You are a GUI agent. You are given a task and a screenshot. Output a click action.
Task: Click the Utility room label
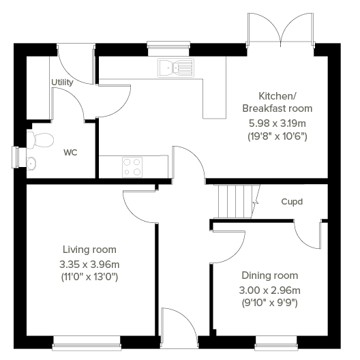pos(62,82)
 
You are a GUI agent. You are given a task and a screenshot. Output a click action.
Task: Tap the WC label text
pos(70,152)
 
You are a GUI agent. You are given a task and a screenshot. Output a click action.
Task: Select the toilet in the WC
pos(41,140)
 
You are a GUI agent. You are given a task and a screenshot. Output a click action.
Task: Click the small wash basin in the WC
pos(31,162)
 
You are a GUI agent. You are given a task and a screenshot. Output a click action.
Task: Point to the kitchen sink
pos(175,67)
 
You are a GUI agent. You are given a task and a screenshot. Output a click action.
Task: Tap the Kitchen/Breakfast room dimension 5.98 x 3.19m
pos(277,123)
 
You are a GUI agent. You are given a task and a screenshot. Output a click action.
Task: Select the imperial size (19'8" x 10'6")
pos(277,136)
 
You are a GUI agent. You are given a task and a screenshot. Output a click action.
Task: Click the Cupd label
pos(292,202)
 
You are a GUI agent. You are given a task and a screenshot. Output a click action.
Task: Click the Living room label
pos(89,250)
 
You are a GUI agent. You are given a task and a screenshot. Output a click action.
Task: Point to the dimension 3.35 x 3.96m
pos(89,264)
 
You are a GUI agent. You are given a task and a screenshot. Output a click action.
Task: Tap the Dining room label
pos(270,275)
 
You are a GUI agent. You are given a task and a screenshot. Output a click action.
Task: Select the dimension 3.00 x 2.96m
pos(270,289)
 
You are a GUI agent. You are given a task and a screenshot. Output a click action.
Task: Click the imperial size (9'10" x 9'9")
pos(270,302)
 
